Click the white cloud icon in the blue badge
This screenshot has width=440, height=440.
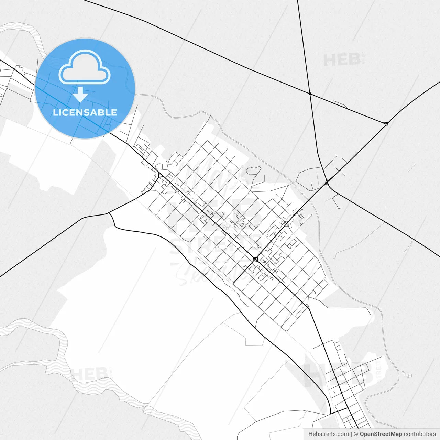click(85, 68)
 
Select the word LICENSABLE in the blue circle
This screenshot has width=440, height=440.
click(85, 112)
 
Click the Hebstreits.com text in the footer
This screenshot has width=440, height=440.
click(328, 434)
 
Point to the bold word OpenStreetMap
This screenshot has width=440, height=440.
click(381, 434)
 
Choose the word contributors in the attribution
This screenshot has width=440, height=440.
click(420, 434)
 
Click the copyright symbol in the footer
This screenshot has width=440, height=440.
click(356, 434)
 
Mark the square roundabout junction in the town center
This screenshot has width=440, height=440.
click(255, 259)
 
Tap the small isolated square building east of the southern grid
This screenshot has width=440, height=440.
click(409, 375)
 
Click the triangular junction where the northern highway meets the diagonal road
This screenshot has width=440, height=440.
click(386, 123)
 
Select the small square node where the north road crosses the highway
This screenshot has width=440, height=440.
click(310, 93)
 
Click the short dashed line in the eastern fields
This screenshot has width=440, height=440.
click(412, 168)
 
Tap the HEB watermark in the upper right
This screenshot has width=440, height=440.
click(342, 60)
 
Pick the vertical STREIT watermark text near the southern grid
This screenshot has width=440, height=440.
click(379, 371)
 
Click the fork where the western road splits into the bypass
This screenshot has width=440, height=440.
click(109, 213)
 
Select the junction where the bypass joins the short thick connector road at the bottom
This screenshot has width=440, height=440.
click(330, 414)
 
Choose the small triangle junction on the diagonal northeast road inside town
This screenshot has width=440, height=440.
click(286, 224)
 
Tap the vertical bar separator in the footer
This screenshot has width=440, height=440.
click(351, 434)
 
